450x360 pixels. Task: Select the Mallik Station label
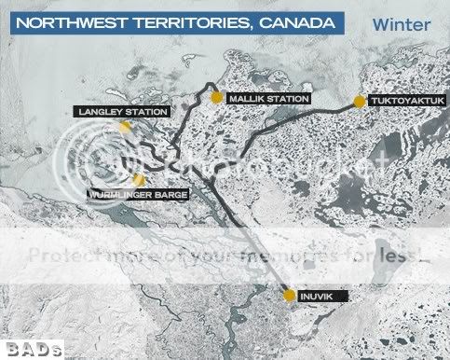pyautogui.click(x=268, y=97)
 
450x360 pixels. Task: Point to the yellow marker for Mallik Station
pyautogui.click(x=216, y=96)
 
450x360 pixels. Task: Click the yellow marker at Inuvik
pyautogui.click(x=290, y=296)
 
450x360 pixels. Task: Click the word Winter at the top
pyautogui.click(x=399, y=24)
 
